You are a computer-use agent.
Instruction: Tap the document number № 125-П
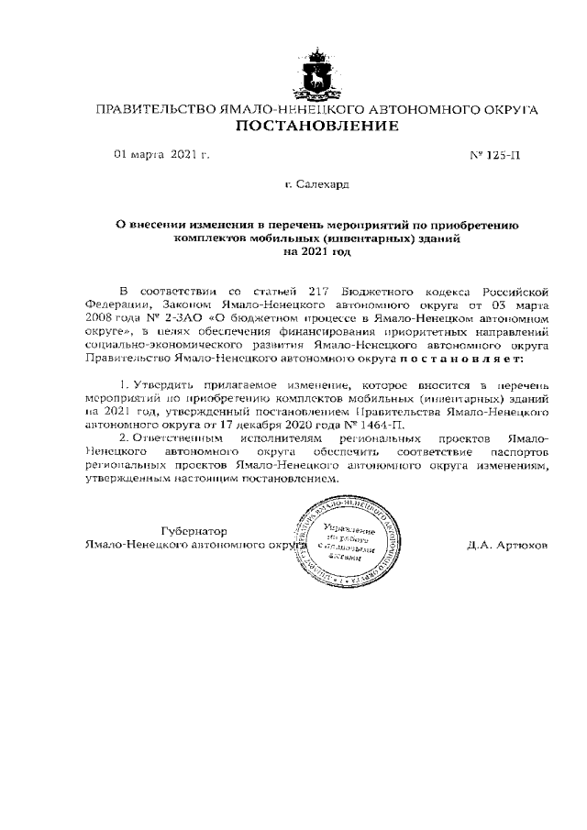click(494, 155)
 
